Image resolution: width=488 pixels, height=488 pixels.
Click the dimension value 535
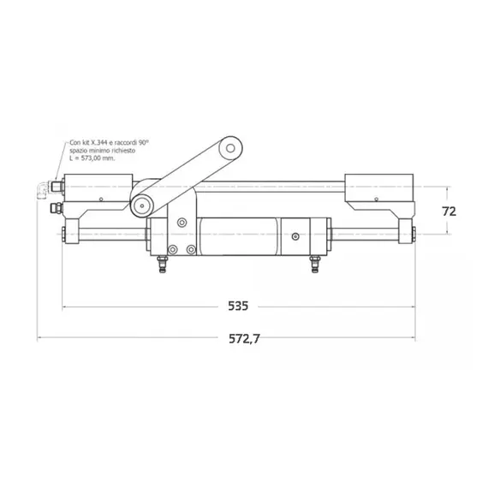point(240,306)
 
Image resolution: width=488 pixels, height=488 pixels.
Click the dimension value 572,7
point(244,339)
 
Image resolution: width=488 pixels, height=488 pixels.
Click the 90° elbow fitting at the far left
point(40,189)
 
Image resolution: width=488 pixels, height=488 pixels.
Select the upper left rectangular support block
point(95,186)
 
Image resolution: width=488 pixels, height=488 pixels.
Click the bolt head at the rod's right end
point(414,232)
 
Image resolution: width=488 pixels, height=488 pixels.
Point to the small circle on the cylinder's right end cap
point(294,234)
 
